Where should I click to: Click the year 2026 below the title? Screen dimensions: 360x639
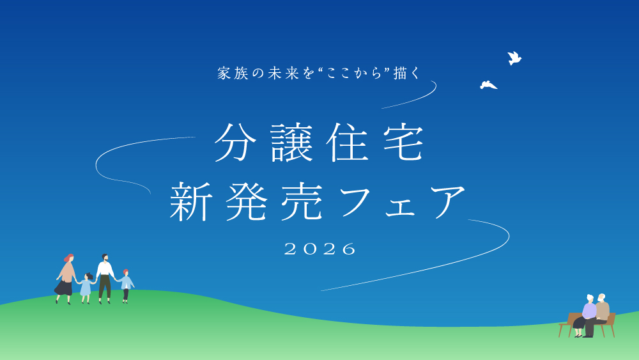point(320,249)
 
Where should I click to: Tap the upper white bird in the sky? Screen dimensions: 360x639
point(514,58)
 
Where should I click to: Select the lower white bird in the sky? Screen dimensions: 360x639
point(488,85)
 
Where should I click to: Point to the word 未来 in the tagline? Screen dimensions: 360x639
point(283,74)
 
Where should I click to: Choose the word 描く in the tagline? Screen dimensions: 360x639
point(408,74)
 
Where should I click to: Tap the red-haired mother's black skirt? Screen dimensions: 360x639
point(64,287)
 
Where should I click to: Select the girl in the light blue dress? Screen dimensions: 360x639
point(86,287)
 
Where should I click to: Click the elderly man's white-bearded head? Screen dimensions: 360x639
point(601,298)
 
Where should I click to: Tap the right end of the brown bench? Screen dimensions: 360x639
point(612,320)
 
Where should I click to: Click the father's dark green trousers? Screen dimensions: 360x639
point(105,286)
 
